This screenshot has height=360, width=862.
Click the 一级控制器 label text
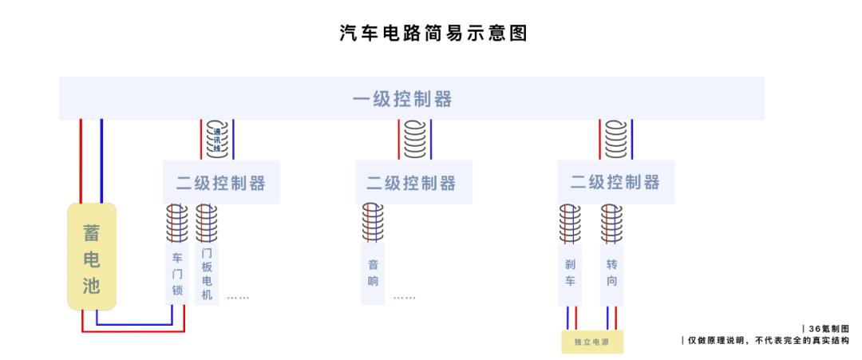click(x=402, y=99)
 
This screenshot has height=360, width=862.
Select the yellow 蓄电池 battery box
click(x=92, y=258)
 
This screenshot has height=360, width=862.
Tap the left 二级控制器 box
click(x=221, y=182)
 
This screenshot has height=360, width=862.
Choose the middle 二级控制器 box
click(x=413, y=182)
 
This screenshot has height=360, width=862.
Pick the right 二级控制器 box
click(x=615, y=181)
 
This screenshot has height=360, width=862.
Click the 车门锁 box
click(x=177, y=274)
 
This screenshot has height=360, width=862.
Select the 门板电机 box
click(x=207, y=274)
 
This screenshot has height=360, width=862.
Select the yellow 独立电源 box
click(x=591, y=342)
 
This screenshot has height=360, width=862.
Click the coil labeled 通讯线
click(x=216, y=139)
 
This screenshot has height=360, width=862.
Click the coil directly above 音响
click(x=373, y=223)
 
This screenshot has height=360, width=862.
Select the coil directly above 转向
click(x=611, y=223)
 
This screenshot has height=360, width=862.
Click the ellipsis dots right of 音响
click(x=404, y=298)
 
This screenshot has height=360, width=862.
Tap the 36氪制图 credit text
click(x=826, y=328)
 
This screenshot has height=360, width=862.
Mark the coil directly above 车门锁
click(x=177, y=223)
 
